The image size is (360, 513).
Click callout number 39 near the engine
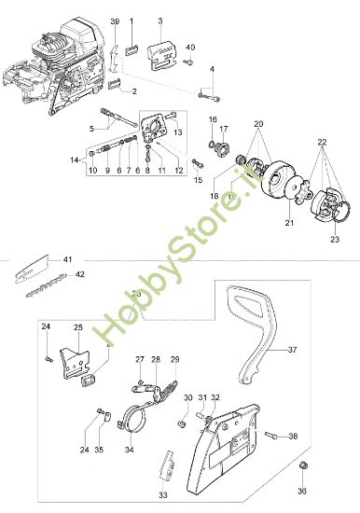[x=115, y=21]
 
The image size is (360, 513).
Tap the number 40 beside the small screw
[x=190, y=48]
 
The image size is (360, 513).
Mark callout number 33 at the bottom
[x=163, y=494]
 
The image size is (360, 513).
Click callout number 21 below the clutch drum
[x=264, y=224]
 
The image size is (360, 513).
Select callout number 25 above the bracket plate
[x=79, y=328]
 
